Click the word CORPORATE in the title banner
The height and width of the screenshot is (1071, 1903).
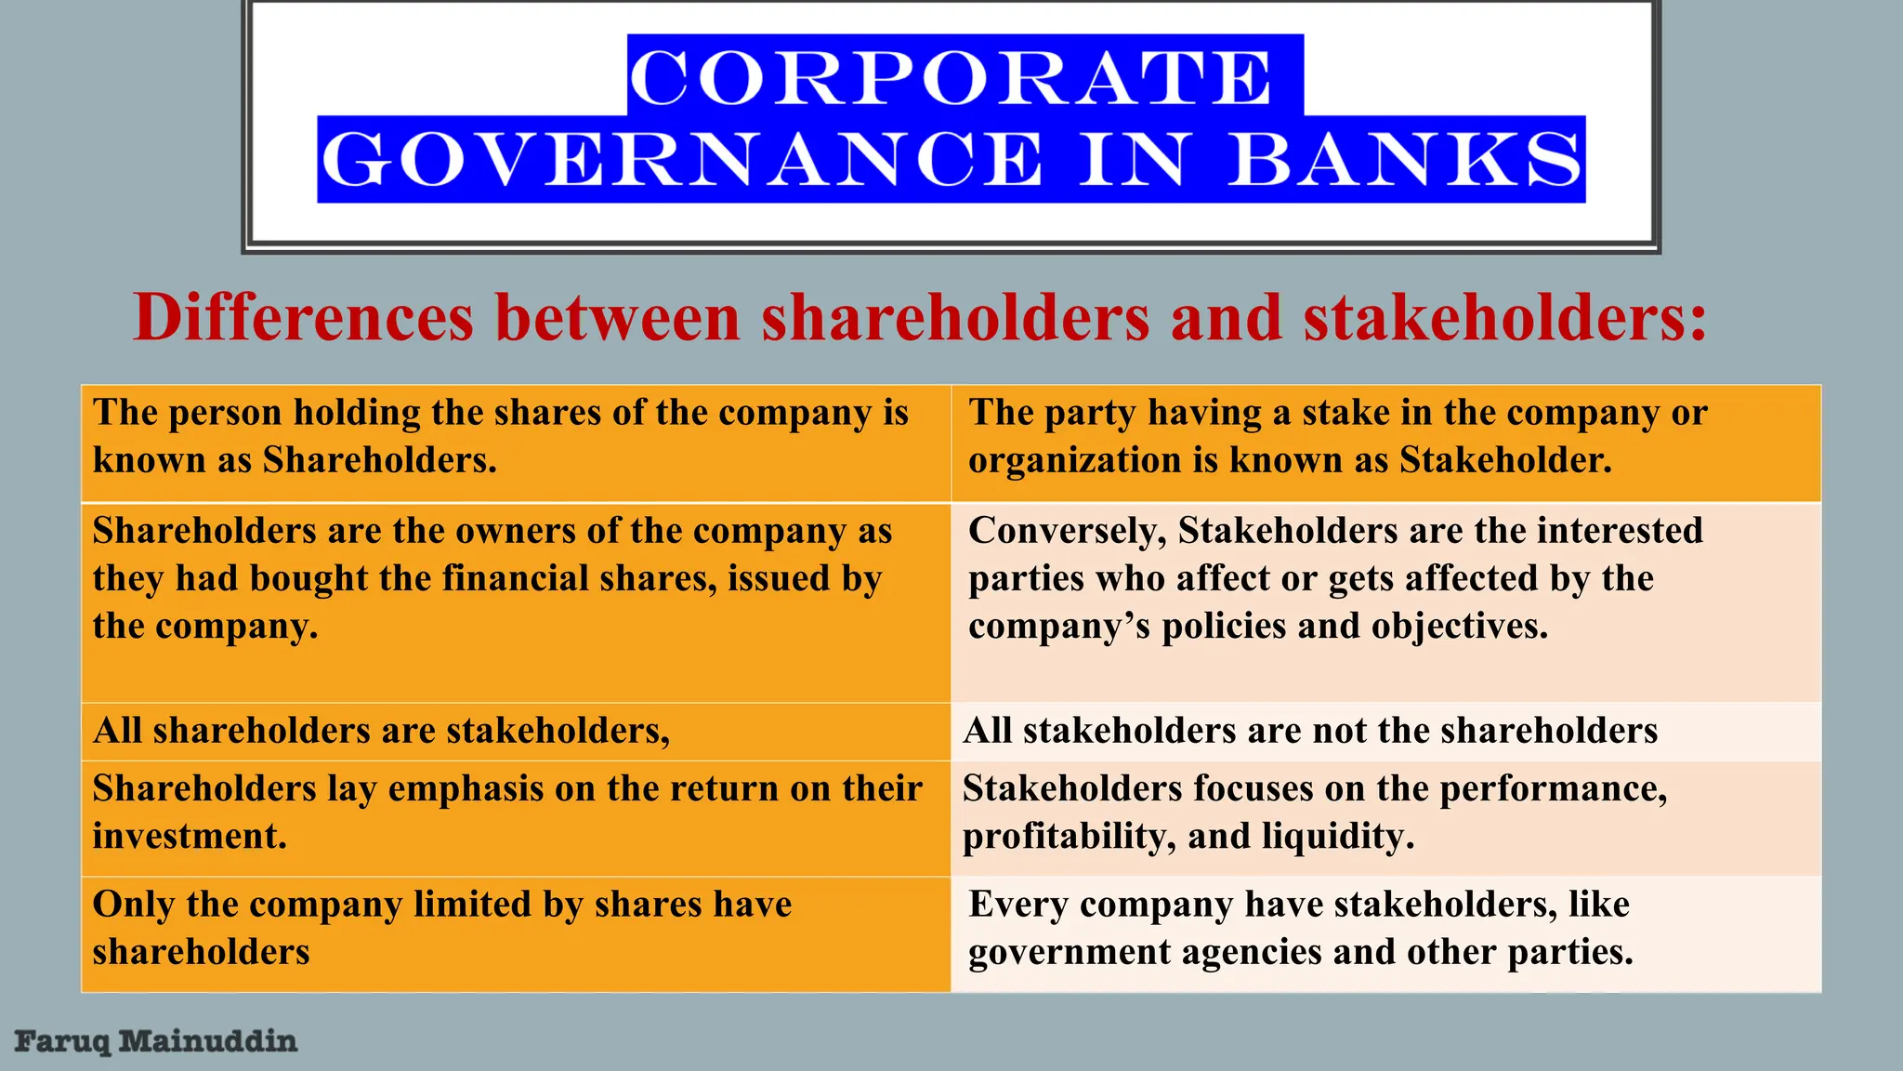[951, 77]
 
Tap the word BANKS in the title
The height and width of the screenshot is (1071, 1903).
[1405, 160]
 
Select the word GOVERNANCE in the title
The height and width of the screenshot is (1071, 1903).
[682, 160]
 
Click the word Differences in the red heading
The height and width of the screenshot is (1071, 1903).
[304, 318]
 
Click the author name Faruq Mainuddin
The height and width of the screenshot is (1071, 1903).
[156, 1040]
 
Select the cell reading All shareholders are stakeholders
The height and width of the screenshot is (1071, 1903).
[381, 731]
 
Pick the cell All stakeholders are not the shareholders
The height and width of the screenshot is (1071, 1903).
[1310, 731]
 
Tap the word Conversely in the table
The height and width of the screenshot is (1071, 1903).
[1066, 531]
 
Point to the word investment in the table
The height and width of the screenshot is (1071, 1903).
[189, 836]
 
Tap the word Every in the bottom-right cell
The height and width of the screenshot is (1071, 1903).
[1017, 904]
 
